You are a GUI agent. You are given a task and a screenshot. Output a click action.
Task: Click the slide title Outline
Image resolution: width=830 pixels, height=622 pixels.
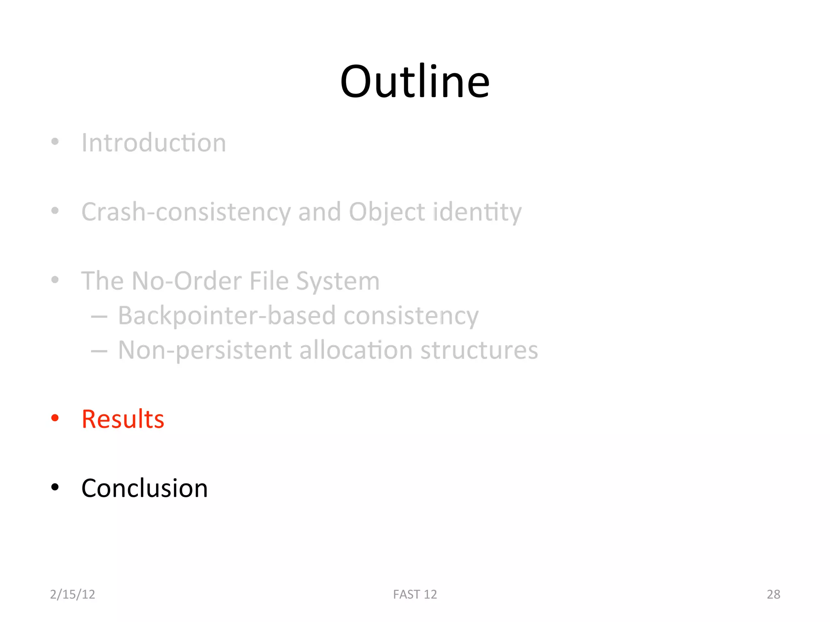point(415,82)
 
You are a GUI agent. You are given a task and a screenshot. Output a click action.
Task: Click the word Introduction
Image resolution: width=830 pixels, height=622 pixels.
point(154,143)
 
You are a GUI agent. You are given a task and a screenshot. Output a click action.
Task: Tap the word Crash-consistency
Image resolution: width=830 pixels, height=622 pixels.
point(186,212)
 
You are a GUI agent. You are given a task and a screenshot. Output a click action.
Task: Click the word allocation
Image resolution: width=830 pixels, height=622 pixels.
point(356,350)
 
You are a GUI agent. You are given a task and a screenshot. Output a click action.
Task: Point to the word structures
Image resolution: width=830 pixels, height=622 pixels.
point(479,350)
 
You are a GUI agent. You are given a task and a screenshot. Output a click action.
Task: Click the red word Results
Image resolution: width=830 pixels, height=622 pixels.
point(123,419)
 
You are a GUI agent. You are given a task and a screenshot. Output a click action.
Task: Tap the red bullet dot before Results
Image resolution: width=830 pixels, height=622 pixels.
point(55,418)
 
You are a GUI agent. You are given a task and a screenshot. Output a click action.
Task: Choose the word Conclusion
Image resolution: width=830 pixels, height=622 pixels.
point(144,488)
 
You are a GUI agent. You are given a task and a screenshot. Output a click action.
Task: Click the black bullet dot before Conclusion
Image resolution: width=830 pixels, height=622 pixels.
point(55,487)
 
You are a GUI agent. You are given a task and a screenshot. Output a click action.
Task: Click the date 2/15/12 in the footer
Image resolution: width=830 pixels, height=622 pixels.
point(73,594)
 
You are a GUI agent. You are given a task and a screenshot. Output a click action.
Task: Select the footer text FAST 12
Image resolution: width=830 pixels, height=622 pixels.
point(415,594)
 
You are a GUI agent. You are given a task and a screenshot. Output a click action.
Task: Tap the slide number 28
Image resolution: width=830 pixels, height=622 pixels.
point(773,594)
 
